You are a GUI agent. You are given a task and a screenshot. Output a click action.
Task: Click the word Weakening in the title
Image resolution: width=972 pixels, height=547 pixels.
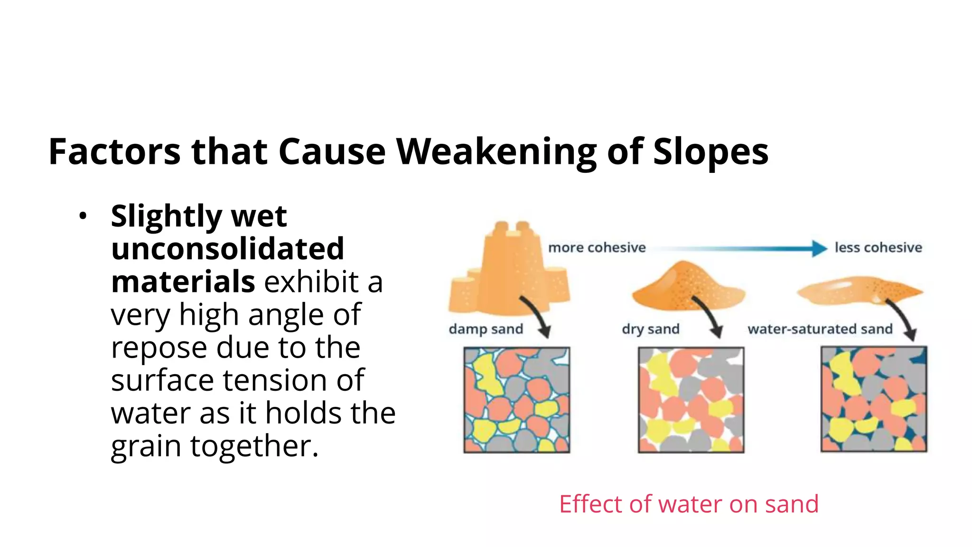point(496,151)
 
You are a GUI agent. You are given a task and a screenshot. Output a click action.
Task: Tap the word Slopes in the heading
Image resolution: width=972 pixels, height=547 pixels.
point(710,151)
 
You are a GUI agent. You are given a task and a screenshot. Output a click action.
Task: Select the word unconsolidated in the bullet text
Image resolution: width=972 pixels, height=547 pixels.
point(227,248)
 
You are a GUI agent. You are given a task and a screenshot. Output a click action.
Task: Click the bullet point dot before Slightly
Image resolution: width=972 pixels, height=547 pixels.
point(83,216)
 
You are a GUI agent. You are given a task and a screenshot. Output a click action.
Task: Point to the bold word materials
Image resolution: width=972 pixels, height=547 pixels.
point(183,282)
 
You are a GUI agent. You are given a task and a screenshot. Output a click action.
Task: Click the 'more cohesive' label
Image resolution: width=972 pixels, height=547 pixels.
point(597,247)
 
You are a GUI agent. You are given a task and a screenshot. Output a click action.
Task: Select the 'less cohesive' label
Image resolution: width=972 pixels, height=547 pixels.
point(878,247)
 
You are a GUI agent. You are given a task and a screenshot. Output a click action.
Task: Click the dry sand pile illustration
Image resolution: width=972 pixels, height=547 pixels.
point(688,287)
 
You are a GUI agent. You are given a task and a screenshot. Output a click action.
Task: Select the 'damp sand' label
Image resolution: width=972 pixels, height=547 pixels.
point(486,329)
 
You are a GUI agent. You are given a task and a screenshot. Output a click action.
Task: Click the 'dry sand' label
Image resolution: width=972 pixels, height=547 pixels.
point(650,329)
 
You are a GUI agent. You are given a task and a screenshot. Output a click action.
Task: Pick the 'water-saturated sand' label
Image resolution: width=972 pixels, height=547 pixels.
point(820,329)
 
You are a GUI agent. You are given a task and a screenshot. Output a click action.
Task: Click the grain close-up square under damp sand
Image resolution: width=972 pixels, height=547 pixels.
point(516,399)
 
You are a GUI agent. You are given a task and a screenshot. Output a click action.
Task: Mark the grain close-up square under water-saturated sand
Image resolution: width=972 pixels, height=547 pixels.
point(874,399)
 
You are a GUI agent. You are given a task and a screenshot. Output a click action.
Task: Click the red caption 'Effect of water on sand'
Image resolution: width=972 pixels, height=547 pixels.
point(689,504)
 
